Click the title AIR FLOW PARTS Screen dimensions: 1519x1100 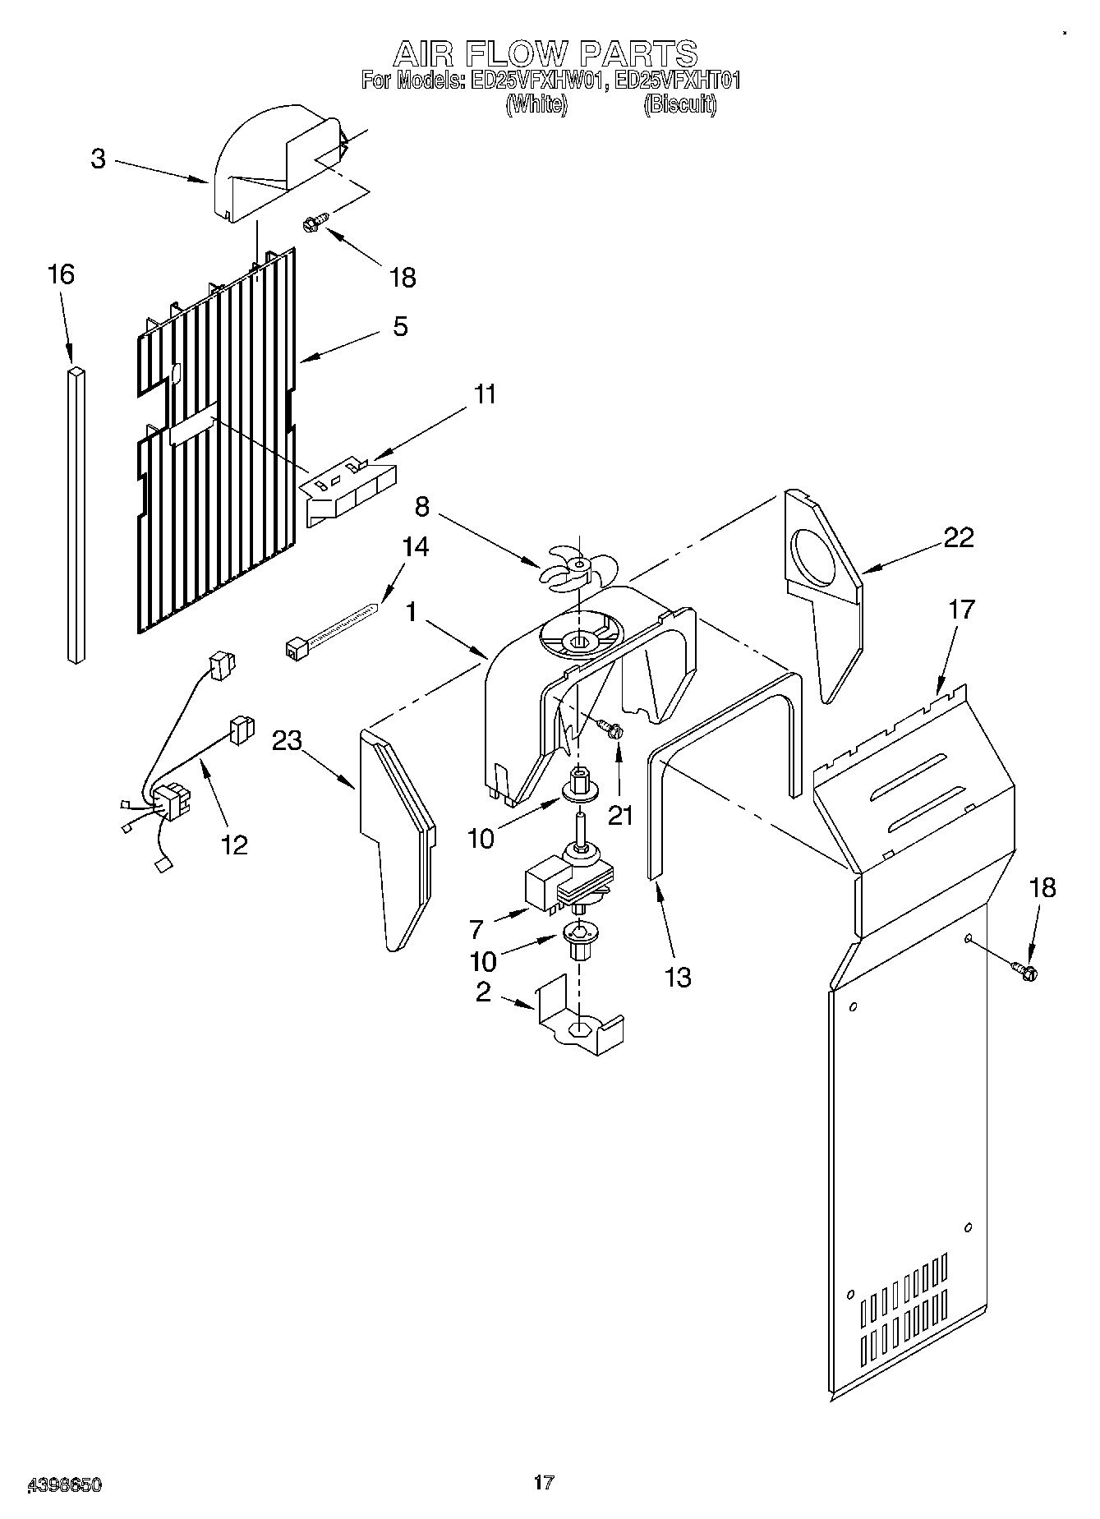coord(545,54)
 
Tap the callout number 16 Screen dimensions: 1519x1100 coord(61,274)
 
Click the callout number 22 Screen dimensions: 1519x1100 coord(958,537)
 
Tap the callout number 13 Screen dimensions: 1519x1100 coord(678,977)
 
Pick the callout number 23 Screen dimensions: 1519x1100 coord(287,740)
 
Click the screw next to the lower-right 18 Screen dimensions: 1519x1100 coord(1025,971)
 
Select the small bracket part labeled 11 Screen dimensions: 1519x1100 coord(348,490)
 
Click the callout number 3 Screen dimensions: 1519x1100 coord(98,158)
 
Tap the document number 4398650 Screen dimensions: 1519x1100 coord(65,1484)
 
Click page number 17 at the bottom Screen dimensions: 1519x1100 coord(543,1481)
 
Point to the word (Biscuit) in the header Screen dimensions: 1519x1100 coord(679,105)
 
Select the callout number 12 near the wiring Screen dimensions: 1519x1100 coord(235,844)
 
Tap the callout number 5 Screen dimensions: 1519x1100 coord(399,326)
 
